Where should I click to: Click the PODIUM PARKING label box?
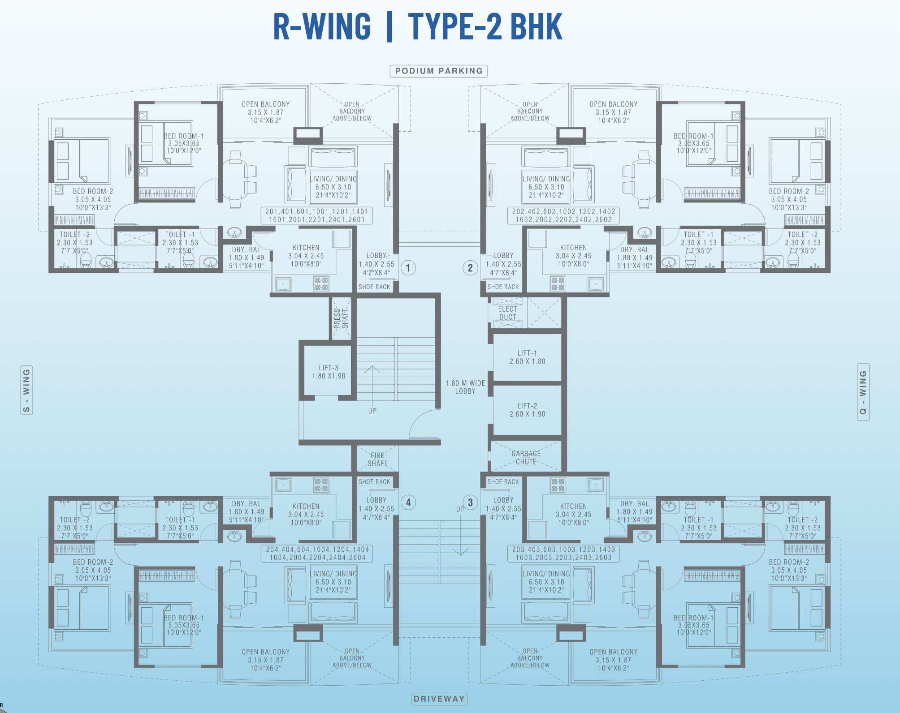439,71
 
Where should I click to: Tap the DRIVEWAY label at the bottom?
439,699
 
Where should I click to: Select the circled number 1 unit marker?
408,268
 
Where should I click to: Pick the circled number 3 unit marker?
470,503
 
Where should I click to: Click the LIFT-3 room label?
329,372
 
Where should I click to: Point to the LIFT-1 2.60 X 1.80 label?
527,357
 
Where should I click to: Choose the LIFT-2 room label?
527,410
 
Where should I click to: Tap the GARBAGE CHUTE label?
526,458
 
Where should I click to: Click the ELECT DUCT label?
507,313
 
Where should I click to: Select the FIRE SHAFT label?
377,460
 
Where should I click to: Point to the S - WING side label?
27,390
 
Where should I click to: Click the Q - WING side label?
863,392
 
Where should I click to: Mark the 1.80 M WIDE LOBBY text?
465,387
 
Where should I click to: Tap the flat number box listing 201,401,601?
316,215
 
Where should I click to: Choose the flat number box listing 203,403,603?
563,554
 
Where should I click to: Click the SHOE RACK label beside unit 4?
374,482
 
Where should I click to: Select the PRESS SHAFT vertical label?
341,318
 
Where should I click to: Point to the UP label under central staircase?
372,411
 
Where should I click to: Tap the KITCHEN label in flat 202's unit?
573,248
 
